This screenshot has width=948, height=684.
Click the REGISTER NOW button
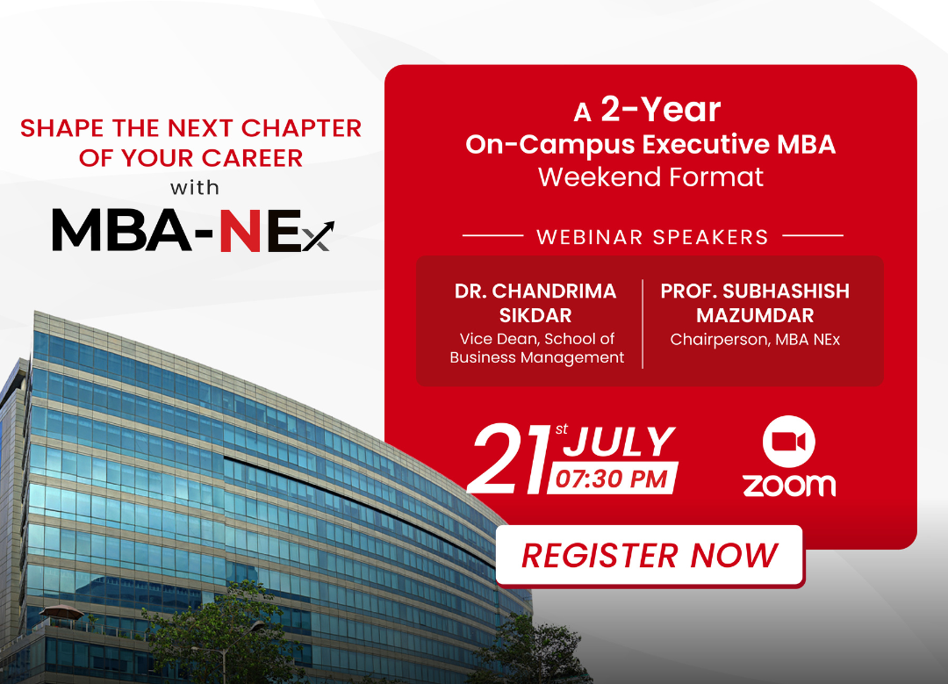(650, 555)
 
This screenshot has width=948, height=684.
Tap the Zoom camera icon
(788, 442)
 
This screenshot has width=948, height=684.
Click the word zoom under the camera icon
(789, 485)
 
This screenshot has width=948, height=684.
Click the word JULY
(620, 442)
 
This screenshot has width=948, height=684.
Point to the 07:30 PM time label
(612, 479)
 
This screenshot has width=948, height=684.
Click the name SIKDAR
(535, 315)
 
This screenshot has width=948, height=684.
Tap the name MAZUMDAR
(755, 315)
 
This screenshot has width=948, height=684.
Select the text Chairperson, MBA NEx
(755, 339)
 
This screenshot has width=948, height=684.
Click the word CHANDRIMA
(554, 291)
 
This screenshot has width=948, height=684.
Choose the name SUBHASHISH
(786, 291)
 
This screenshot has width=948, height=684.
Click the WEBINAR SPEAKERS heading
(652, 237)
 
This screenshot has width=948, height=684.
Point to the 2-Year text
(660, 110)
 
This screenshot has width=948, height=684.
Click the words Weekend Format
(650, 176)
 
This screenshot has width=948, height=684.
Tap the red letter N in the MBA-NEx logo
(240, 230)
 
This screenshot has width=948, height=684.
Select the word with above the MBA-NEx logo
(195, 188)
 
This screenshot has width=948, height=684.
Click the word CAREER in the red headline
(252, 158)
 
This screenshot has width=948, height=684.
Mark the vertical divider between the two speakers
(642, 323)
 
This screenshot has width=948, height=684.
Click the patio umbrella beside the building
(61, 613)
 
